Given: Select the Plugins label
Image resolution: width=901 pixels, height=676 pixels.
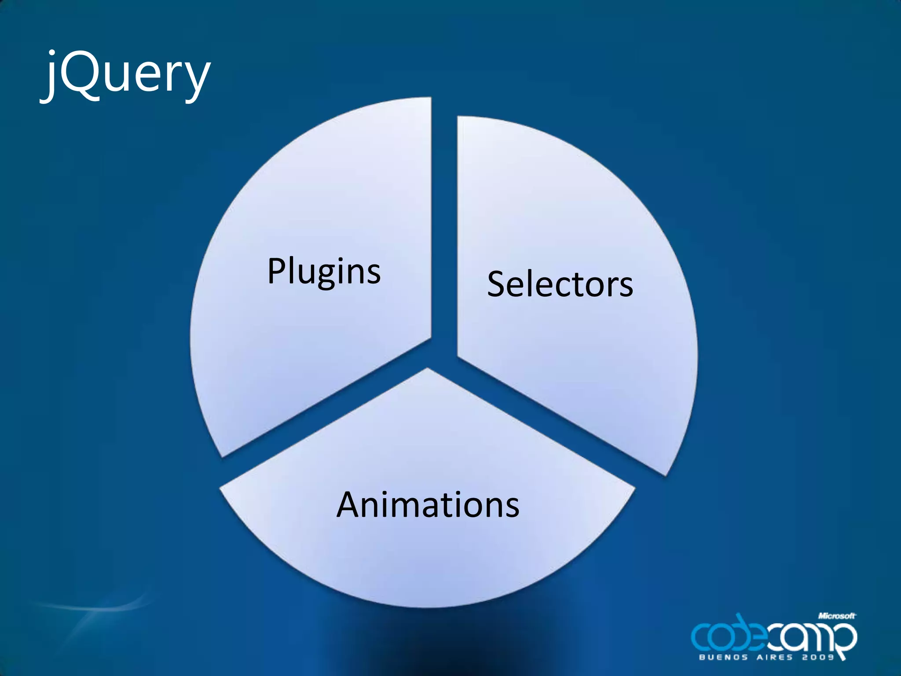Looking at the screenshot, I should click(x=324, y=271).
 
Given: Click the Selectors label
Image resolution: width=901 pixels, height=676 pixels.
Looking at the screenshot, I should click(x=560, y=284).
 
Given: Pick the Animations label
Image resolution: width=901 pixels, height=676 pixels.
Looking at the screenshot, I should click(x=428, y=504).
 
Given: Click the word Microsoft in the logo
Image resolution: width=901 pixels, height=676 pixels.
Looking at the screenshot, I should click(x=837, y=616).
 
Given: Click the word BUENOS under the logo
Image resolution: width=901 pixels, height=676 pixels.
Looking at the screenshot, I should click(x=723, y=658).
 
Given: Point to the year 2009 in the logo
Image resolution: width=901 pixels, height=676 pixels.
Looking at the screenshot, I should click(x=818, y=658).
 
